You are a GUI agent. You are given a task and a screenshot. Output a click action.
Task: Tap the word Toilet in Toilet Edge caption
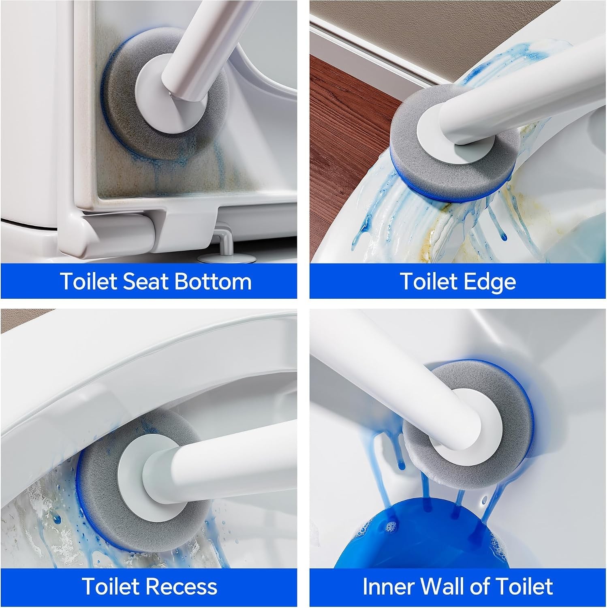click(x=429, y=281)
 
